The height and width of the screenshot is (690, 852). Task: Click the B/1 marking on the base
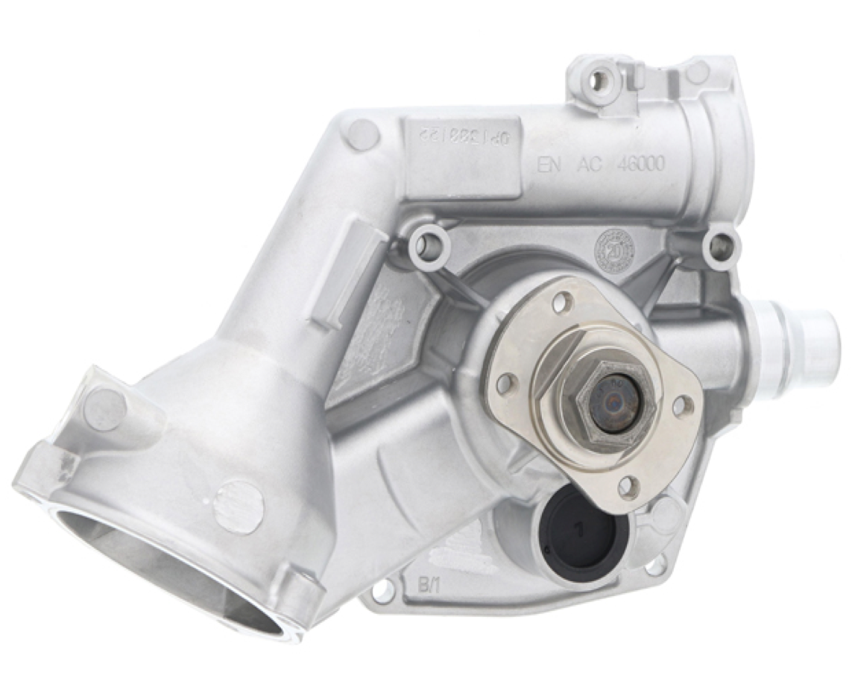(422, 582)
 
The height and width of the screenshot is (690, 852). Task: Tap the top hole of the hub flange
(564, 302)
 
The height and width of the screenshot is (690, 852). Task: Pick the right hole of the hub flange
(682, 407)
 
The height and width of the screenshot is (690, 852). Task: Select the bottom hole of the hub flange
(628, 487)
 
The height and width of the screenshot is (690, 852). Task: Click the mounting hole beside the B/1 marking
(382, 592)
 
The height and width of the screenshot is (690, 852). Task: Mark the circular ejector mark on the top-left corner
(362, 134)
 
